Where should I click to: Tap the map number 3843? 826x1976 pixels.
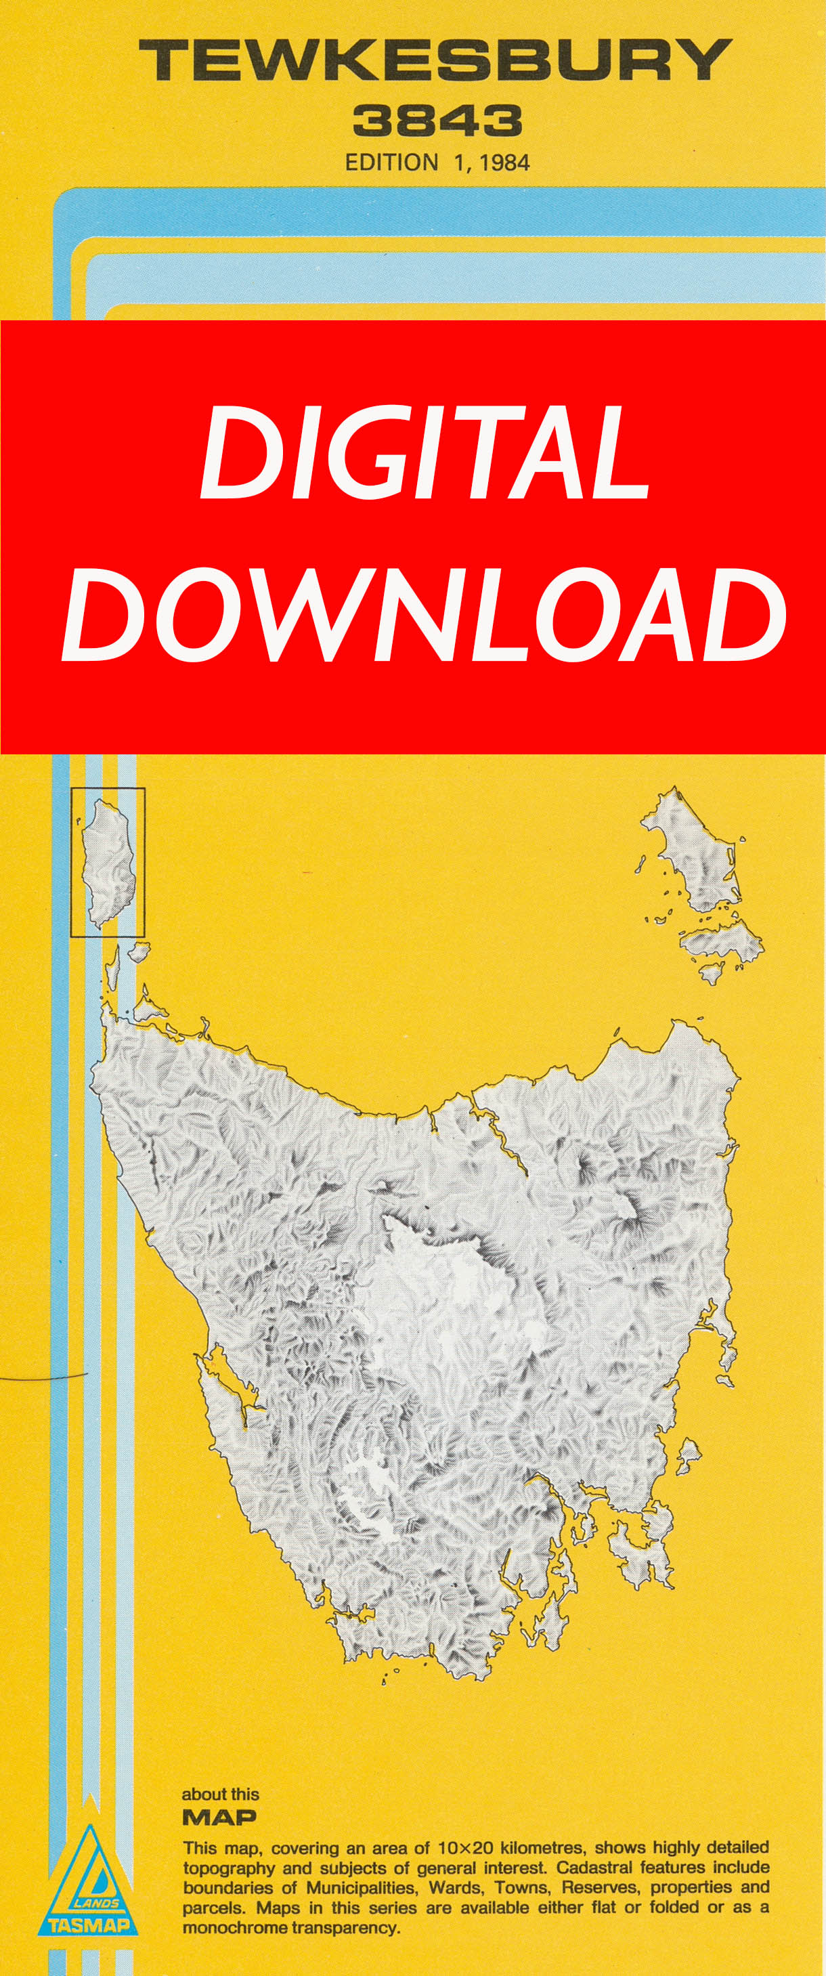tap(437, 121)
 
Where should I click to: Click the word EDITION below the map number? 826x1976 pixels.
tap(391, 163)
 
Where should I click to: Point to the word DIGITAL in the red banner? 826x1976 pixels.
tap(424, 451)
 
